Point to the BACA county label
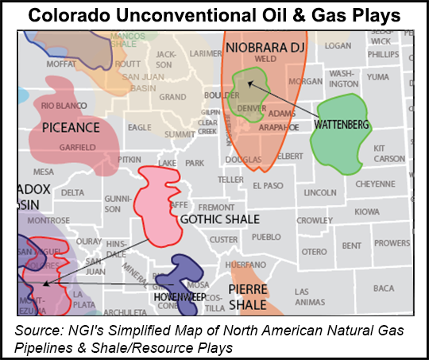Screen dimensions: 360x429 point(384,288)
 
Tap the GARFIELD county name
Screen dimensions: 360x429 point(78,147)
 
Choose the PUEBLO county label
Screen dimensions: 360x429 point(266,237)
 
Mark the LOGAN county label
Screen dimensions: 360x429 point(338,46)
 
